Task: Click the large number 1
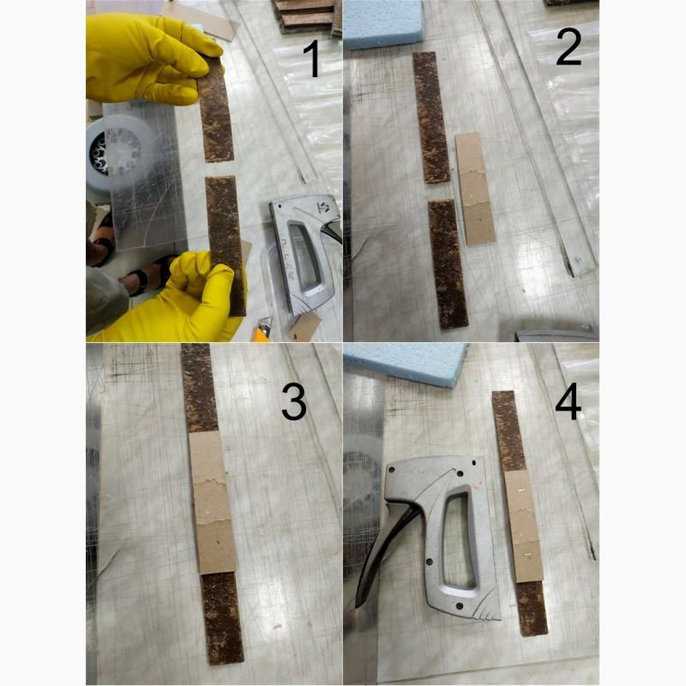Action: pos(313,58)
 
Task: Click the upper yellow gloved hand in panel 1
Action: pos(148,59)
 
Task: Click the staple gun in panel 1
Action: pos(305,254)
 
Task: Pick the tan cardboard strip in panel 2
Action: pos(475,188)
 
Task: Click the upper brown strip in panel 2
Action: pos(431,117)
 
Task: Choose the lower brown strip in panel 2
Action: pos(448,264)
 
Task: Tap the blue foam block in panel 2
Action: pos(382,23)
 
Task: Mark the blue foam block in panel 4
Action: pos(406,364)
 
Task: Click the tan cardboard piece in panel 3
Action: pos(212,502)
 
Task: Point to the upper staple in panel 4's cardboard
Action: pos(521,490)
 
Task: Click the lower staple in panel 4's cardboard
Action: pos(528,554)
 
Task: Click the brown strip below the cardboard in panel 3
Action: pos(222,617)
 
